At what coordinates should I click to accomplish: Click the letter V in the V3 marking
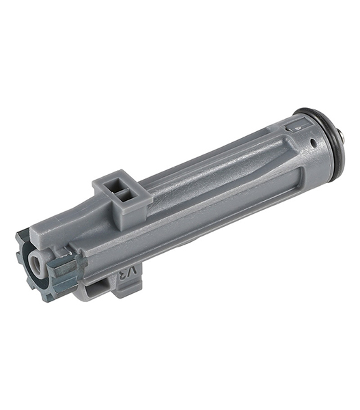pyautogui.click(x=132, y=272)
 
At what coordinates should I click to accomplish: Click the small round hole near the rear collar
pyautogui.click(x=312, y=142)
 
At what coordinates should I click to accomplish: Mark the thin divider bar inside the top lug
pyautogui.click(x=118, y=191)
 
